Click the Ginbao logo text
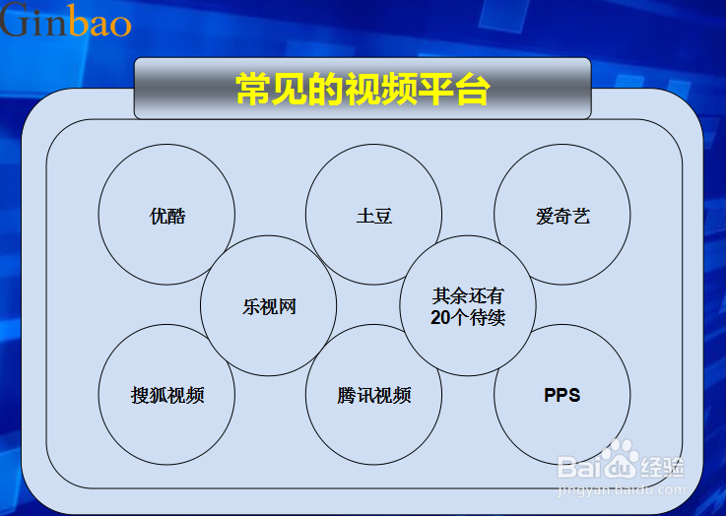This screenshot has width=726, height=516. tap(65, 20)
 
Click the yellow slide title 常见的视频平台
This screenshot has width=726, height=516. tap(363, 89)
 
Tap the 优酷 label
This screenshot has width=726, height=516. tap(167, 216)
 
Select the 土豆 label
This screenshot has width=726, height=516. tap(374, 216)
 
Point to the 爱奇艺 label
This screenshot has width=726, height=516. tap(562, 216)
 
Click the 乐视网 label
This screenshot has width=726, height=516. tap(269, 306)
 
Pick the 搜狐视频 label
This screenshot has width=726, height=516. tap(167, 395)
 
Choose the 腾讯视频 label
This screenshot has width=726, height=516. tap(374, 395)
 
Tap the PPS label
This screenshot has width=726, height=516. tap(562, 395)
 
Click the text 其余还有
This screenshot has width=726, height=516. tap(468, 295)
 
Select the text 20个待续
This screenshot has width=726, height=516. tap(468, 317)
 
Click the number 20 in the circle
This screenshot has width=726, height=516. tap(440, 317)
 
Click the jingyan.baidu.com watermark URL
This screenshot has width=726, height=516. tap(622, 489)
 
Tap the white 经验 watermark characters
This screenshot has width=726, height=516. tap(663, 467)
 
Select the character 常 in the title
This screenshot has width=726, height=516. tap(253, 89)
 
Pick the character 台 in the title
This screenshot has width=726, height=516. tap(472, 89)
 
